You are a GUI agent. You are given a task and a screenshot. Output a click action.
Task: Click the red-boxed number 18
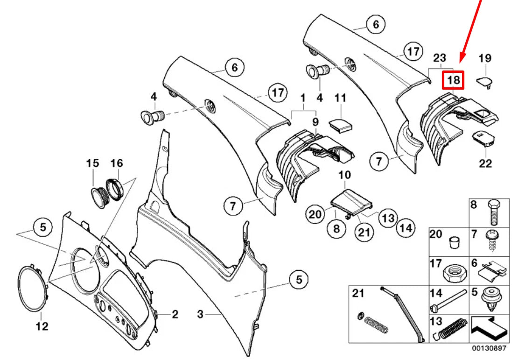click(453, 80)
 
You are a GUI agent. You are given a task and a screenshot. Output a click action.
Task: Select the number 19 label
click(485, 58)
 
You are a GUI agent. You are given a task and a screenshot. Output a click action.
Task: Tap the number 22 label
click(485, 163)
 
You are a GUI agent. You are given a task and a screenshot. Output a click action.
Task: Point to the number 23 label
click(440, 58)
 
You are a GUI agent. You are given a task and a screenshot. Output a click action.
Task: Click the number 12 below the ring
click(42, 326)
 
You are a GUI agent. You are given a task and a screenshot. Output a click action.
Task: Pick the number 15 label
click(93, 163)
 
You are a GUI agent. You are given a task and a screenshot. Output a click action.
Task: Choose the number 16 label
click(116, 163)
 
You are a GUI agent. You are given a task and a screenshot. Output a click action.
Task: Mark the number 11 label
click(341, 98)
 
